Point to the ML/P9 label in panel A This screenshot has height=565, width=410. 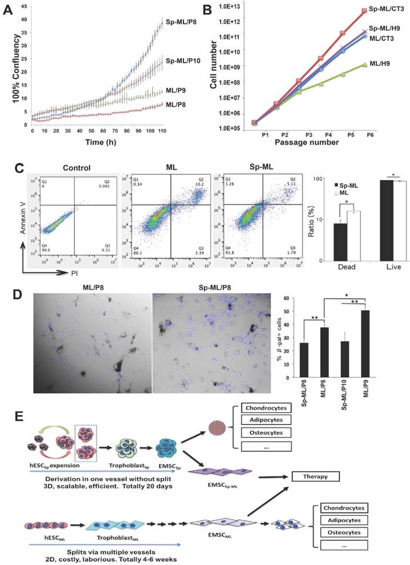pyautogui.click(x=177, y=90)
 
